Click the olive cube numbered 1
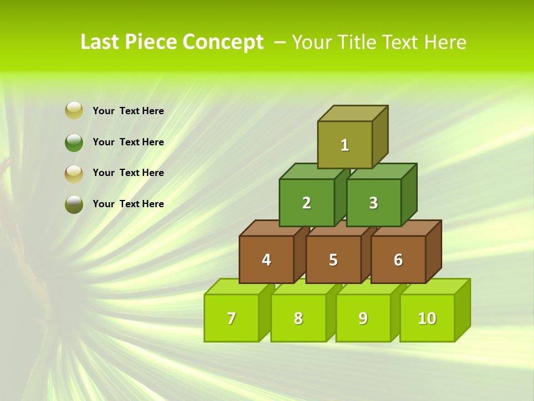(x=345, y=145)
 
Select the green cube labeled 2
(x=306, y=203)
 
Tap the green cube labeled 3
(x=373, y=203)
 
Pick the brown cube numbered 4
(x=266, y=260)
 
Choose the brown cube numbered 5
(x=333, y=260)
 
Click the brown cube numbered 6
(x=398, y=260)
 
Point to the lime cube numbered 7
(x=231, y=318)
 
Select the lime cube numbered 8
(x=298, y=318)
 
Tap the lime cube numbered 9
(x=363, y=318)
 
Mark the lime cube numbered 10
(x=427, y=318)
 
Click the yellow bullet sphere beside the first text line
(x=74, y=110)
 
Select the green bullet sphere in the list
(x=74, y=142)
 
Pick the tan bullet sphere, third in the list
(x=74, y=173)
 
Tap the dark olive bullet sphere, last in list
(x=74, y=204)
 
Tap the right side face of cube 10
(x=463, y=310)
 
